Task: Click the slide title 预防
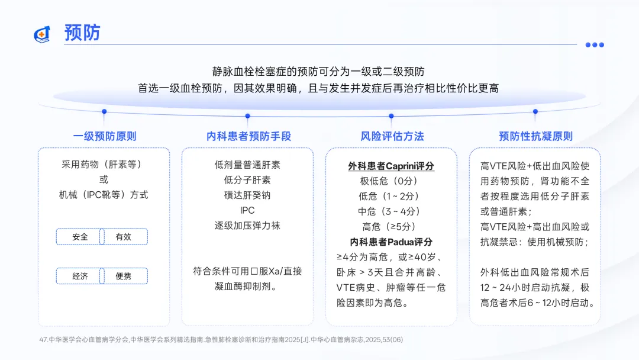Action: point(82,33)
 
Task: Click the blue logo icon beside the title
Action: point(42,34)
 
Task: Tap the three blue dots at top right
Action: point(595,44)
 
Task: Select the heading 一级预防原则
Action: point(104,136)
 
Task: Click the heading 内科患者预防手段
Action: point(249,136)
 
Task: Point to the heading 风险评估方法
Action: point(392,136)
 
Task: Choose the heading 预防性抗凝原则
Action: point(535,136)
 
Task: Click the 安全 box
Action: point(80,237)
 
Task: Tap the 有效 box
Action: point(124,237)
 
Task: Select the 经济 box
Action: point(80,276)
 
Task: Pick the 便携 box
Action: point(124,276)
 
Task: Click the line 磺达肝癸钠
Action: point(247,195)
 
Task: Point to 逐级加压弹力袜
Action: point(247,226)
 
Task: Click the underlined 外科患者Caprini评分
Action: point(391,166)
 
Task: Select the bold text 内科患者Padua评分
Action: point(391,242)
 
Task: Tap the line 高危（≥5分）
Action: point(391,226)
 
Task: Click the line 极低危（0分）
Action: point(391,181)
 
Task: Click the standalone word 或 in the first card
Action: point(104,179)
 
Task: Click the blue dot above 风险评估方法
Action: point(391,116)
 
